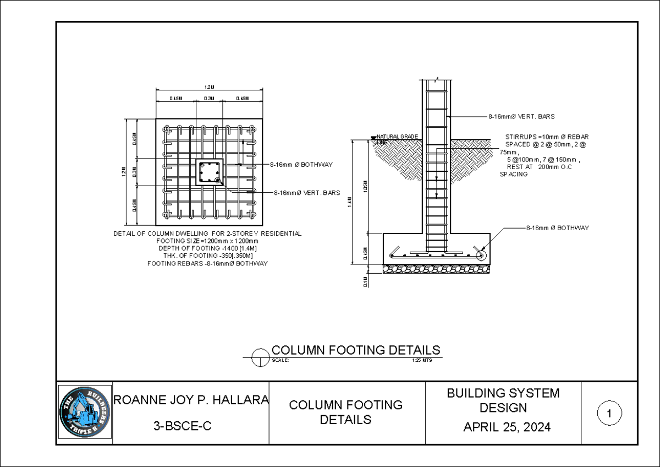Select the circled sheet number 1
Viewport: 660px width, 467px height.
click(x=609, y=413)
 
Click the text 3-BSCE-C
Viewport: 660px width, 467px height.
click(x=183, y=426)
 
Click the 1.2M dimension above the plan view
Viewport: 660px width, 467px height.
click(x=210, y=87)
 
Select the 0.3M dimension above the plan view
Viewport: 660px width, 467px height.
click(x=210, y=98)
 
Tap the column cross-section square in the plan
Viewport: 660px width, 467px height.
click(x=210, y=172)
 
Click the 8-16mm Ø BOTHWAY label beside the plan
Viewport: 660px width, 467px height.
click(x=301, y=164)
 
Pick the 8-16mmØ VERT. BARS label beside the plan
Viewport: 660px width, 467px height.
click(x=307, y=193)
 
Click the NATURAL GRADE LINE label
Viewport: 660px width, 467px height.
click(x=396, y=139)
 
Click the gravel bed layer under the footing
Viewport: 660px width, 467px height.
click(x=437, y=269)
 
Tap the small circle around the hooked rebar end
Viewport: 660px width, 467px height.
click(x=481, y=255)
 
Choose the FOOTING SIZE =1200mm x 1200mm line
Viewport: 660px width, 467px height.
click(x=207, y=241)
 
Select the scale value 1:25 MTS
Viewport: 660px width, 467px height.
click(x=422, y=361)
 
